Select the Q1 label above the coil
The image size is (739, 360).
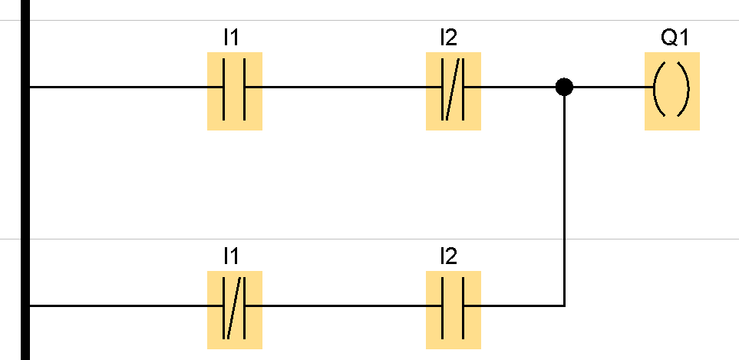click(x=671, y=36)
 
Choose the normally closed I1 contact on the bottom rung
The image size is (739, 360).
click(x=235, y=306)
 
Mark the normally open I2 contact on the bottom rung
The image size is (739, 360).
click(x=454, y=306)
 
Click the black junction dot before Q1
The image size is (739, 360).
click(x=564, y=87)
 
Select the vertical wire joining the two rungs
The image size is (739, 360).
click(x=564, y=200)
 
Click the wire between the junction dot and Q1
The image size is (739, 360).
click(x=610, y=88)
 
